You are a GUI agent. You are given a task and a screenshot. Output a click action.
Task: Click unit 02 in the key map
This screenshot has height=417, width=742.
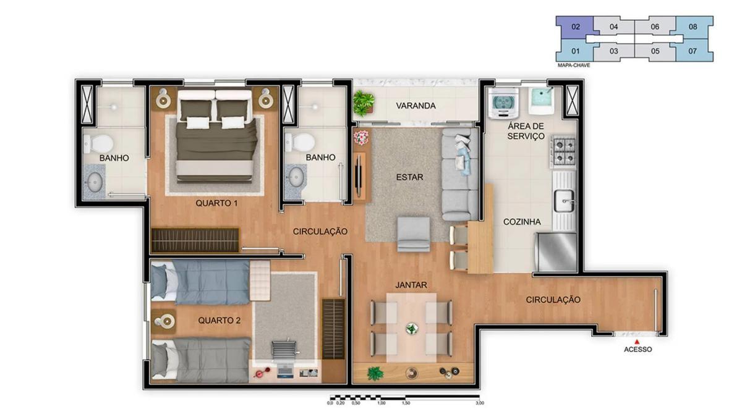click(x=576, y=27)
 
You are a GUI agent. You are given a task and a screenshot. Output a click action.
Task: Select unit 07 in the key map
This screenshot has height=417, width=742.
click(x=693, y=51)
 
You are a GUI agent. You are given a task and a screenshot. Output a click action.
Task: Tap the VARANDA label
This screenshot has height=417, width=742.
click(x=416, y=106)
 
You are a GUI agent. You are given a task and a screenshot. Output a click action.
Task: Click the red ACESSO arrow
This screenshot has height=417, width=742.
click(x=637, y=342)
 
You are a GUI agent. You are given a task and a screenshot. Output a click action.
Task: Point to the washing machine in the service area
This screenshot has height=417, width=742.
click(x=503, y=103)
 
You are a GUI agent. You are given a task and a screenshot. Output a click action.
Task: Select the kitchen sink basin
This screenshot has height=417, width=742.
click(x=565, y=201)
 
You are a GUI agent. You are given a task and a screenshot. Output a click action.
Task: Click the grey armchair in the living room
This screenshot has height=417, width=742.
click(x=414, y=234)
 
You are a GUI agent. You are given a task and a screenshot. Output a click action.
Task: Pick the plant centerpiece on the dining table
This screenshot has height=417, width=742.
click(x=412, y=329)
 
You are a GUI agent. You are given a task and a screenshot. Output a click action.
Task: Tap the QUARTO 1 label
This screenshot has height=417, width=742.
click(x=216, y=203)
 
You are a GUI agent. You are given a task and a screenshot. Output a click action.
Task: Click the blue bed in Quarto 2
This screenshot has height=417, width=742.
click(x=200, y=282)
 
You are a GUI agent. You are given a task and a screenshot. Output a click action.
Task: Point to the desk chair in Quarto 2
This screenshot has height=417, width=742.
click(x=284, y=349)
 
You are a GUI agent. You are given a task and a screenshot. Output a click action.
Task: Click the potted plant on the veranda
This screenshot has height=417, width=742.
click(x=364, y=103)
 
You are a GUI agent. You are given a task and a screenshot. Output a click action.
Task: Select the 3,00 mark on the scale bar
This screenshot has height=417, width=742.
click(x=479, y=403)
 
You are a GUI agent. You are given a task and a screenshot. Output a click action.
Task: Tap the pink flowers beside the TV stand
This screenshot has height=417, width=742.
click(x=360, y=137)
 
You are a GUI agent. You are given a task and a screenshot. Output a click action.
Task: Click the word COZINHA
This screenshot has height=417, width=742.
click(x=522, y=222)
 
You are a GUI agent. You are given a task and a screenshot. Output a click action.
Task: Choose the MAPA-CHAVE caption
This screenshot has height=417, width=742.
click(x=574, y=65)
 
